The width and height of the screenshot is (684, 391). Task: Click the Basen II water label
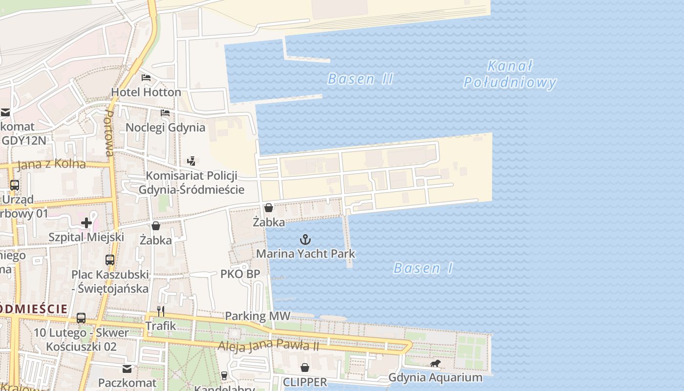point(360,79)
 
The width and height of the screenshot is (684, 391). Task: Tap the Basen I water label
point(423,268)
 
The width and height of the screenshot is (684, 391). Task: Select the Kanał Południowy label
point(510,74)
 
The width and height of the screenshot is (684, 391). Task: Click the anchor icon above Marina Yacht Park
point(305,239)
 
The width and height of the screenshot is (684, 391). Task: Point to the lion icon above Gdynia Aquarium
point(435,364)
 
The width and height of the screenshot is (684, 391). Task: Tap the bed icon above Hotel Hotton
point(146,78)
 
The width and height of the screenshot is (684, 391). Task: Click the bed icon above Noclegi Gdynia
point(165,113)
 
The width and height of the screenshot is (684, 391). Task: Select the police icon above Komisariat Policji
point(192,161)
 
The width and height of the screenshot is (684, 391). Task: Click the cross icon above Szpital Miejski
point(86,223)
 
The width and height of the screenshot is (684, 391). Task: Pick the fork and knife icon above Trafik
point(160,311)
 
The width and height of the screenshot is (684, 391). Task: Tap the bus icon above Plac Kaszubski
point(110,260)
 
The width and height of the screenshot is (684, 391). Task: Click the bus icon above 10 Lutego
point(81,318)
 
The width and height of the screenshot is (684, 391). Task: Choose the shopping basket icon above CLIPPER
point(305,368)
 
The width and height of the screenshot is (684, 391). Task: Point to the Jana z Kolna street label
point(51,164)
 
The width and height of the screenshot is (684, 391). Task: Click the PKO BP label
point(240,274)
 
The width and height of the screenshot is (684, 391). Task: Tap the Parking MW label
point(257,316)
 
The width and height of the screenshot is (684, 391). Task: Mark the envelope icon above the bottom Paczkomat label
point(127,369)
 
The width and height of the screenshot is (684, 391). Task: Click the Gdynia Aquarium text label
point(435,378)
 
